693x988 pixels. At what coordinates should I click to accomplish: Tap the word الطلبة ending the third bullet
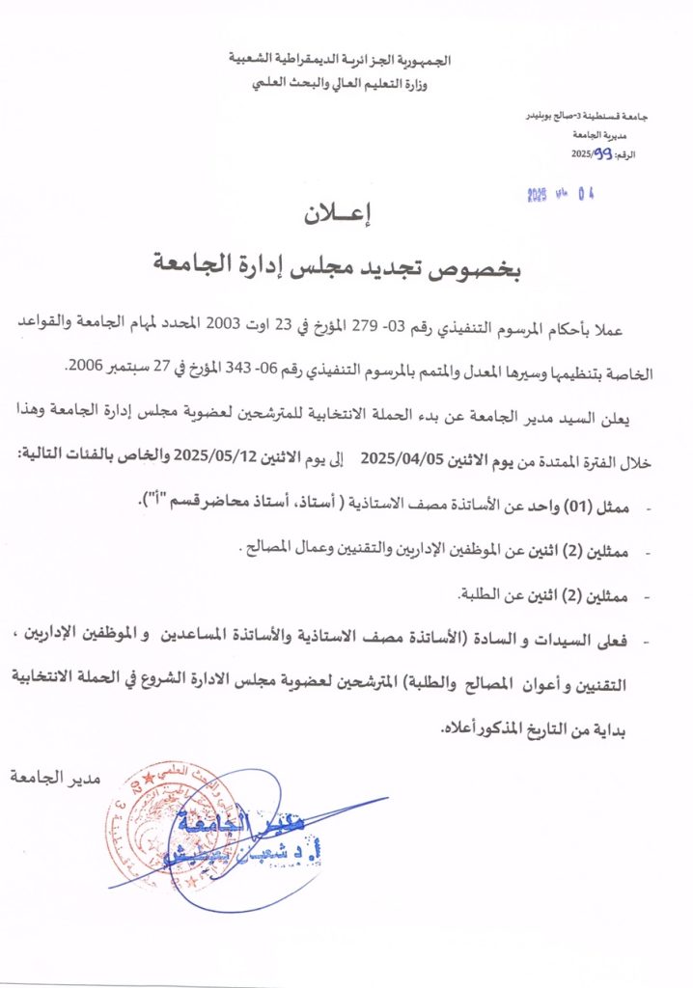click(x=480, y=594)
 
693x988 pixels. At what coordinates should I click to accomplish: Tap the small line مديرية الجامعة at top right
click(x=605, y=137)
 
